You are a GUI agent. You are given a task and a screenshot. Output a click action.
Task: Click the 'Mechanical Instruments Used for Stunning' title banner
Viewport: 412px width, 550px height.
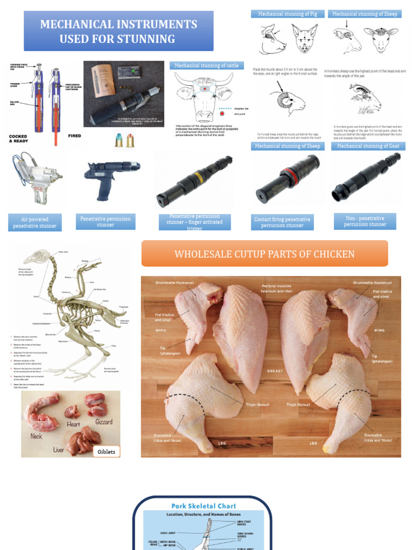coord(119,31)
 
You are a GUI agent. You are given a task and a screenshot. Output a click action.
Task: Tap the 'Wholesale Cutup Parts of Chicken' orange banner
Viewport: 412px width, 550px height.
coord(264,254)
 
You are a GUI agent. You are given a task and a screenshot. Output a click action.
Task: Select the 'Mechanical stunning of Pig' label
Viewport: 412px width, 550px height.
coord(288,14)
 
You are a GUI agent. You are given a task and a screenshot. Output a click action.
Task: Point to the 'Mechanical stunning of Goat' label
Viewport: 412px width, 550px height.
coord(368,146)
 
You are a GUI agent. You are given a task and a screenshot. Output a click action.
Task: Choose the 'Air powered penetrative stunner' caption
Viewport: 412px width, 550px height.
coord(35,222)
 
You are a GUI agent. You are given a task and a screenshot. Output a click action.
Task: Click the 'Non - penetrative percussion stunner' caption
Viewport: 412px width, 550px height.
coord(365,221)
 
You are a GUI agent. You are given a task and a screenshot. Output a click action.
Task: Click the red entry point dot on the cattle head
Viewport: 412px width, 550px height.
coord(222,114)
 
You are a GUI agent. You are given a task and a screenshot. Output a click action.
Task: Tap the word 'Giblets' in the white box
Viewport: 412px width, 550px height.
coord(106,452)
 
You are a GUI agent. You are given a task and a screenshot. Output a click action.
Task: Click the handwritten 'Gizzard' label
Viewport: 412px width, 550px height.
coord(104,422)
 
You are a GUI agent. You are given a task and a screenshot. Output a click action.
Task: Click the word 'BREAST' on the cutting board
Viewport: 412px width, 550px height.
coord(275,371)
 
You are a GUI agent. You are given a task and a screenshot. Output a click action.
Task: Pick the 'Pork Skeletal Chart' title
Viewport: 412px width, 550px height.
coord(203,506)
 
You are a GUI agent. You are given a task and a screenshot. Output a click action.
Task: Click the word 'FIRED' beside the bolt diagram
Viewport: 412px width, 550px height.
coord(75,136)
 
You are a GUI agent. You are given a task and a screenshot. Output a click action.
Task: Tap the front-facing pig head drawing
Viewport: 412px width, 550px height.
coord(305,38)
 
